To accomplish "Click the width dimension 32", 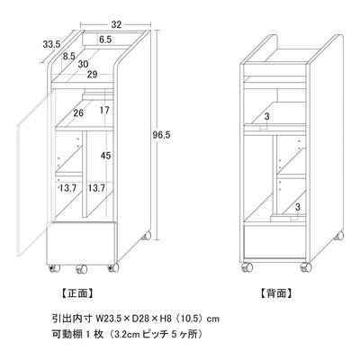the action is tap(116, 24).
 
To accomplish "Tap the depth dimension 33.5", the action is tap(51, 44).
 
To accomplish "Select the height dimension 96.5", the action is tap(161, 135).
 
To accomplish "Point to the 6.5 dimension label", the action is tap(105, 39).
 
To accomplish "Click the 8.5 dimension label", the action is tap(69, 56).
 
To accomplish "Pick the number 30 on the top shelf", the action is tap(83, 64).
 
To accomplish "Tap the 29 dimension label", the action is tap(93, 74).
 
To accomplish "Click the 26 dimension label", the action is tap(78, 112).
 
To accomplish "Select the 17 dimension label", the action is tap(104, 111).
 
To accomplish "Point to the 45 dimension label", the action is tap(105, 156).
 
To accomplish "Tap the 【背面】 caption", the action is tap(275, 293).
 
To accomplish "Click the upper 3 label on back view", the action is tap(267, 117).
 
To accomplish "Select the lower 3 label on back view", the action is tap(298, 207).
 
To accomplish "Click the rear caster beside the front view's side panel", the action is tap(147, 236).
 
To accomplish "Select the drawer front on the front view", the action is tap(81, 243).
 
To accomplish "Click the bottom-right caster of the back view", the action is tap(306, 267).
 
